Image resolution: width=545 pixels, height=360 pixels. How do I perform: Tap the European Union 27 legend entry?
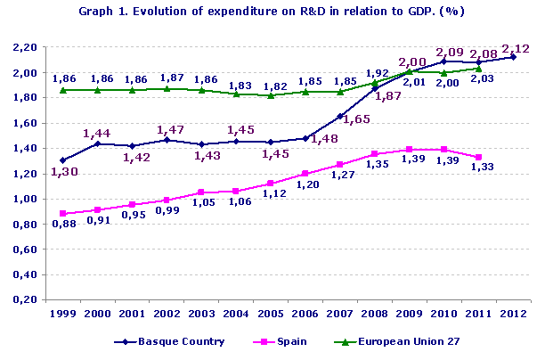coord(400,341)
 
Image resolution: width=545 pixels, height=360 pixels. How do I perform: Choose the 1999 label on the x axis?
coord(62,315)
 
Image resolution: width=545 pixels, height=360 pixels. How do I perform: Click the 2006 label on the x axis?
coord(305,315)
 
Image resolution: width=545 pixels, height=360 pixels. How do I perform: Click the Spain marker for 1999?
coord(62,214)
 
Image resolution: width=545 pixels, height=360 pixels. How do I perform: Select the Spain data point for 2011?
coord(479,157)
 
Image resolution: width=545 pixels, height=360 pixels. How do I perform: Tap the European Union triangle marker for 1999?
coord(62,90)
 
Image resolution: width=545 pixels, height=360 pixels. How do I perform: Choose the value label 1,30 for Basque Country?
coord(61,173)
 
